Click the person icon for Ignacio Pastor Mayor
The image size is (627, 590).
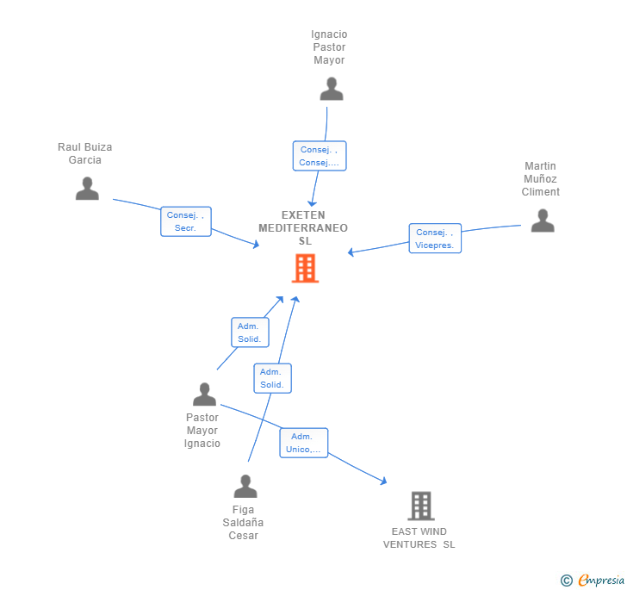point(332,89)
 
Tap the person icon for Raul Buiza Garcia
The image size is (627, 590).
point(87,189)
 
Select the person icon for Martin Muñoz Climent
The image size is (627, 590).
point(543,220)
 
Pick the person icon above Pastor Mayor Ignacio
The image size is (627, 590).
point(204,394)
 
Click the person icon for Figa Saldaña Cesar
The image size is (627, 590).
point(245,487)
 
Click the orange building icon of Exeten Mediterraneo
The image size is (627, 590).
point(305,268)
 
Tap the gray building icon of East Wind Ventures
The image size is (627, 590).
point(420,506)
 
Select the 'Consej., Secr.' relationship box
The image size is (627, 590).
point(186,221)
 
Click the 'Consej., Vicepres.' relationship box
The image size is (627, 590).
point(435,239)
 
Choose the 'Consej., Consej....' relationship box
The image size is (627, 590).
point(319,156)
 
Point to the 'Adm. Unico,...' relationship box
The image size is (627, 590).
point(304,443)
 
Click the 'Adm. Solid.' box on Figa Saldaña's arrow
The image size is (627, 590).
point(272,378)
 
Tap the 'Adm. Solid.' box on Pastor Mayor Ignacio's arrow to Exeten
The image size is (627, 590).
point(250,332)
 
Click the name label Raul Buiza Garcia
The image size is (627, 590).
point(85,153)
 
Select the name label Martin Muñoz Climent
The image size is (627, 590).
point(540,179)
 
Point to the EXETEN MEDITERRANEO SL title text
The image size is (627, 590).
point(303,228)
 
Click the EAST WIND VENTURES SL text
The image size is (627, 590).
point(419,537)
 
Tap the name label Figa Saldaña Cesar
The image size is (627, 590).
point(244,523)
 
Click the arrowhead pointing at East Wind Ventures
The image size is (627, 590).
point(383,481)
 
